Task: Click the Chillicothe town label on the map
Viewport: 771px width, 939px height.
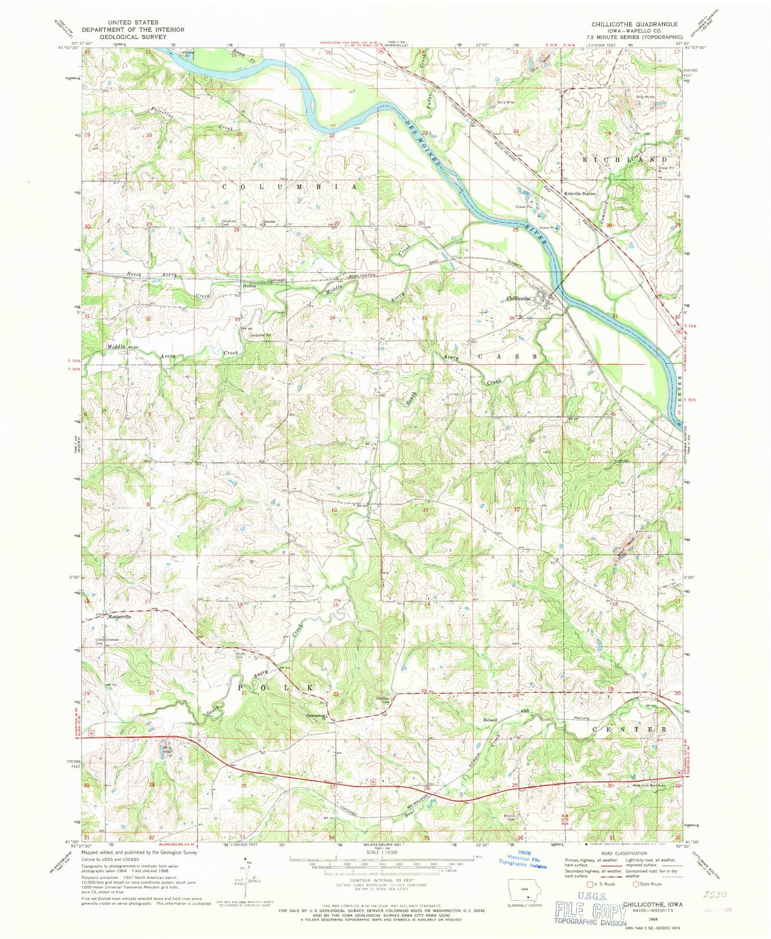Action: click(519, 299)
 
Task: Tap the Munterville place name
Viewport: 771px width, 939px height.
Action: click(119, 616)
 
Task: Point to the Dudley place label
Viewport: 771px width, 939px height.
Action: click(250, 286)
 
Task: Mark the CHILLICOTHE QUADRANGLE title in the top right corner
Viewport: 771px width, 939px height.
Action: click(634, 25)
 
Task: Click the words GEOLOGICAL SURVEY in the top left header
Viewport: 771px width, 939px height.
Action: click(133, 37)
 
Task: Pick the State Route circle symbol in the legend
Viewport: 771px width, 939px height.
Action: click(636, 884)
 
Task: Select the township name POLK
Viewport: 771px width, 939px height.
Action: click(275, 688)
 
